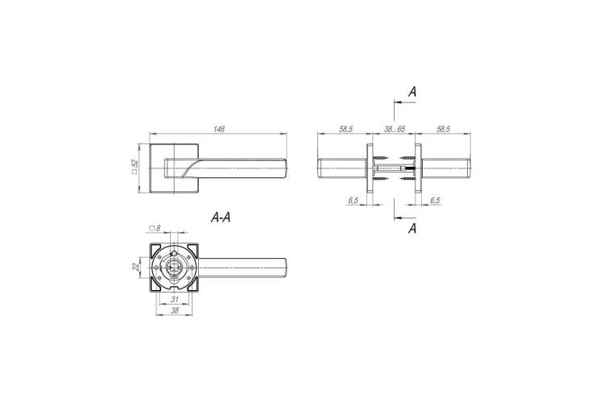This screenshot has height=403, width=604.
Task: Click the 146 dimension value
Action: coord(219,129)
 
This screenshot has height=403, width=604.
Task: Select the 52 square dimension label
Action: coord(134,168)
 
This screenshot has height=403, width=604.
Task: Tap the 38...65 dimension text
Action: coord(394,129)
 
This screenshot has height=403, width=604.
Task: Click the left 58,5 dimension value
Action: coord(345,129)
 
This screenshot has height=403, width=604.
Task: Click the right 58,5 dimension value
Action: coord(444,129)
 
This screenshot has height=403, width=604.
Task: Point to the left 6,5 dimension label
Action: coord(354,201)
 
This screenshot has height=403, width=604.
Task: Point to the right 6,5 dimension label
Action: coord(435,201)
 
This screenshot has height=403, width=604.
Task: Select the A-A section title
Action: coord(221,218)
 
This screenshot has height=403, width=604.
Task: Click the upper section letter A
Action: coord(412,92)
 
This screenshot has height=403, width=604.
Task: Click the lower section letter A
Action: coord(412,228)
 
